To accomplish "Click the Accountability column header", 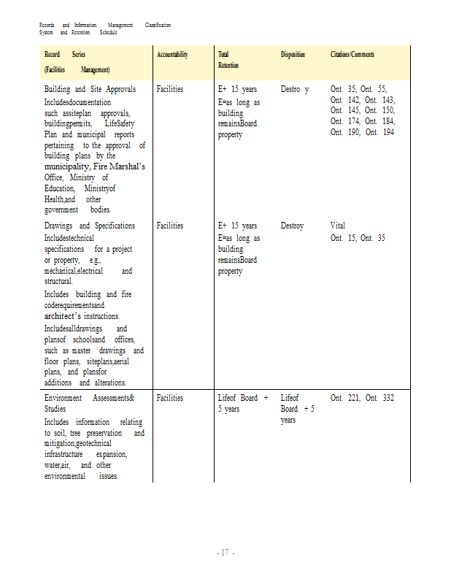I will [x=172, y=55].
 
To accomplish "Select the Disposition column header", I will [x=293, y=55].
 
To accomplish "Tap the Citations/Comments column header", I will [x=352, y=55].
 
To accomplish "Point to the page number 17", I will [x=225, y=553].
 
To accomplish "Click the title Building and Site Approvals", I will [x=90, y=89].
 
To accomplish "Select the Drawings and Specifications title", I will [x=90, y=226].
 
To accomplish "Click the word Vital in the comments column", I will [x=338, y=226].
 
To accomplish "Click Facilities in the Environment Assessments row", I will [x=170, y=398].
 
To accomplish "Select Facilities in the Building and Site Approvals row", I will [x=170, y=89].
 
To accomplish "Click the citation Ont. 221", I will [x=344, y=398].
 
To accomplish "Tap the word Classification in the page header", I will [x=158, y=26].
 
